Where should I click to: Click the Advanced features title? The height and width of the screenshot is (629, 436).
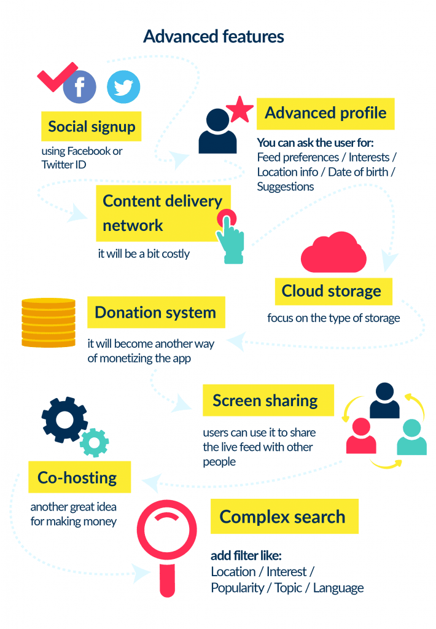[214, 36]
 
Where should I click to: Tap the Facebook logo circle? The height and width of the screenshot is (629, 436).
[80, 87]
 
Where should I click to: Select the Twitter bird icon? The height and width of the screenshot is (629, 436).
[123, 87]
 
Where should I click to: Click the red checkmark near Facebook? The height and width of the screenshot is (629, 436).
[56, 77]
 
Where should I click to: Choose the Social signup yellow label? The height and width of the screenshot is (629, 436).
[91, 127]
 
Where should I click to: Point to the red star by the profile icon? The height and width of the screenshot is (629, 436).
[239, 110]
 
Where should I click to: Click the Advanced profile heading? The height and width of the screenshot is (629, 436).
[325, 113]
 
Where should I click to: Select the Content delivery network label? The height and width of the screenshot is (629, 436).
[163, 213]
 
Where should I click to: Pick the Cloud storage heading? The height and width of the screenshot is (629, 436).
[332, 291]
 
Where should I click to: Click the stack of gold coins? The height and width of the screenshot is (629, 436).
[49, 323]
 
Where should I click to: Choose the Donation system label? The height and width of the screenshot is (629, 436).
[155, 313]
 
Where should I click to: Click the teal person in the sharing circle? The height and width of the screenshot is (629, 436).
[411, 437]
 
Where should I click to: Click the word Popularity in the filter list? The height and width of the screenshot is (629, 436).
[236, 588]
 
